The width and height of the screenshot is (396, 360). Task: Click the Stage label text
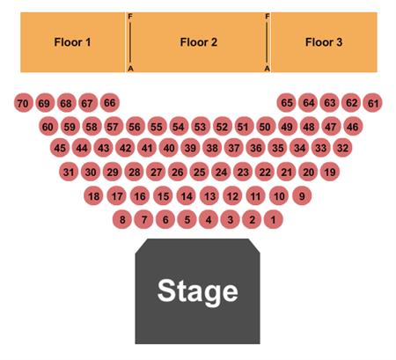click(197, 291)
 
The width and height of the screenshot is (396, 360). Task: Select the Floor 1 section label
click(72, 42)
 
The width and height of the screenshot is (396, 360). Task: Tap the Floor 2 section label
click(199, 42)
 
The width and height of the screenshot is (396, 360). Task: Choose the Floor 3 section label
click(324, 42)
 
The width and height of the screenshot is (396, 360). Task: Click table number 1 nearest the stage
click(274, 219)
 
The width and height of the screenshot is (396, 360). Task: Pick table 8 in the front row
click(122, 219)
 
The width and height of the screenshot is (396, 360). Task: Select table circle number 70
click(23, 103)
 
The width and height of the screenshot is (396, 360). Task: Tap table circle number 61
click(372, 103)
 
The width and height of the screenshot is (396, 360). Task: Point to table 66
click(110, 103)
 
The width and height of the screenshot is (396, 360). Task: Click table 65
click(287, 103)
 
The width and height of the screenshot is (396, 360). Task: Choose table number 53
click(201, 127)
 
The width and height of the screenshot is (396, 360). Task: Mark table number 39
click(190, 148)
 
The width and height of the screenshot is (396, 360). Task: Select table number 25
click(200, 172)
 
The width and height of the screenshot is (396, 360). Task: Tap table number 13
click(209, 195)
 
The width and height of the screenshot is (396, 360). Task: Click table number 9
click(302, 195)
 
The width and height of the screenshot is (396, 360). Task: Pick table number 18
click(93, 195)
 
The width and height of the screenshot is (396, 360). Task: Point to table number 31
click(69, 172)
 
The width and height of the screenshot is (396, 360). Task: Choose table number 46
click(353, 127)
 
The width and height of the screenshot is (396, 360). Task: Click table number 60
click(48, 127)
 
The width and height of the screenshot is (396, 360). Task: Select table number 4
click(209, 219)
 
